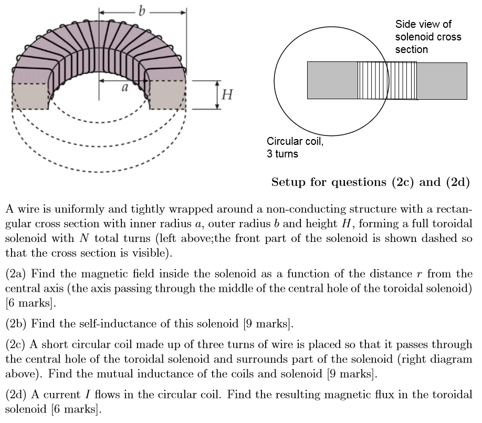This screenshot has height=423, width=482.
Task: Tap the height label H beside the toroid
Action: point(227,95)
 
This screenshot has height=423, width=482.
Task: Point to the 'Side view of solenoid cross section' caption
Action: point(428,37)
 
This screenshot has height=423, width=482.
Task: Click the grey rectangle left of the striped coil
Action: point(332,80)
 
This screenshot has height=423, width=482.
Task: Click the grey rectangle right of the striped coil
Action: point(442,81)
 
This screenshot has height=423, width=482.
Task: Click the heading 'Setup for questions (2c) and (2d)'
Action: point(370,182)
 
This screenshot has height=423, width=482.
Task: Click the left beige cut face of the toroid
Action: point(30,96)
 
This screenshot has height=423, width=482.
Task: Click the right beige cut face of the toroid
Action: point(167,95)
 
